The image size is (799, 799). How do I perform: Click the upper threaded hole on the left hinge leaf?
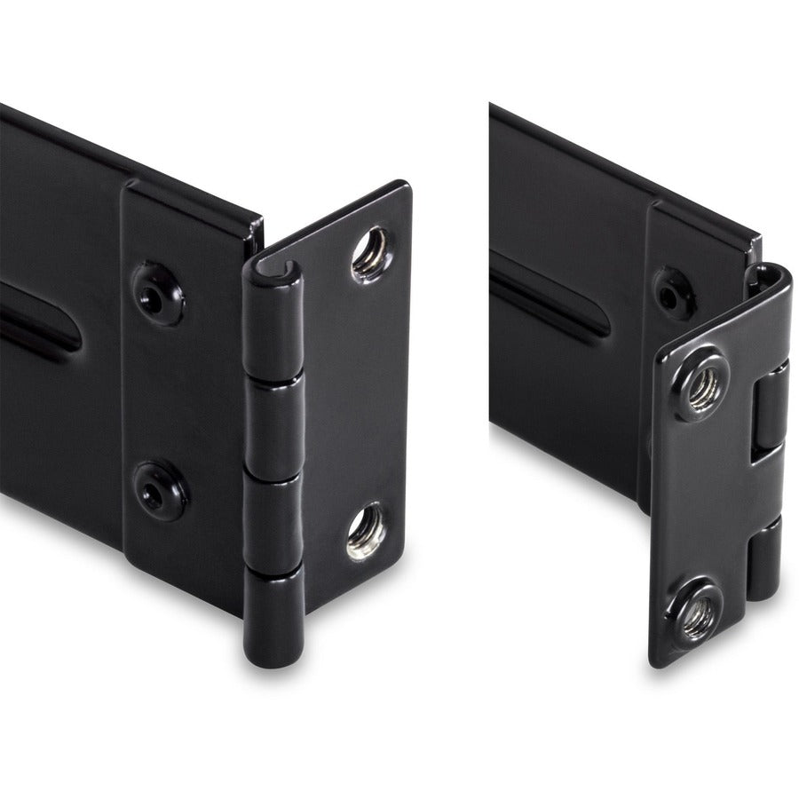tap(368, 251)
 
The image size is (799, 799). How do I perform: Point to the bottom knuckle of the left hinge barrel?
tap(275, 617)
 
